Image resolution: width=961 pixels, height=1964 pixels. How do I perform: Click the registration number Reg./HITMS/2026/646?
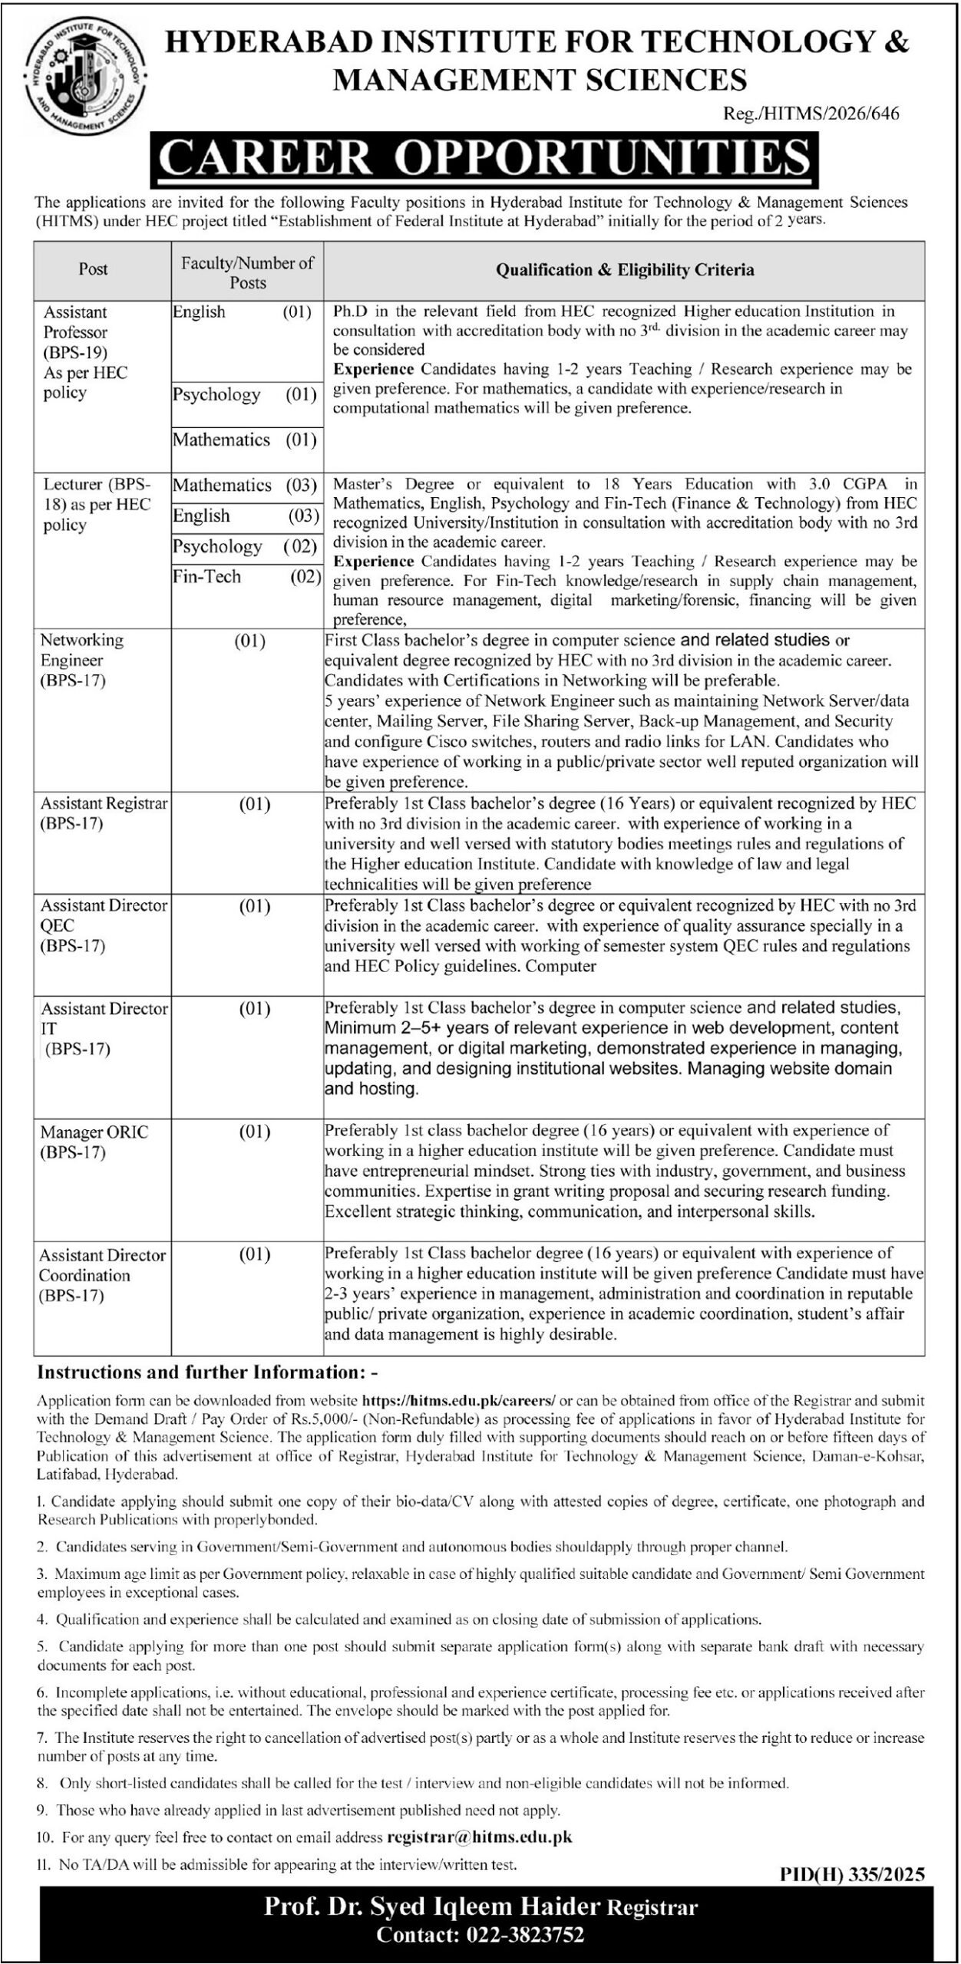coord(811,114)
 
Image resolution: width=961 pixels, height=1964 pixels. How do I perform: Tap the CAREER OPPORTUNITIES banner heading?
coord(484,160)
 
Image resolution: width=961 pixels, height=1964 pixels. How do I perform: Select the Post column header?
coord(93,270)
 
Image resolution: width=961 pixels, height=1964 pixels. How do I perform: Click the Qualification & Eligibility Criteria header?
coord(625,270)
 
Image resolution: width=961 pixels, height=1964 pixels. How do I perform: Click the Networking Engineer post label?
coord(81,660)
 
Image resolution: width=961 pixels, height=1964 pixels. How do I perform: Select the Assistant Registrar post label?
coord(103,813)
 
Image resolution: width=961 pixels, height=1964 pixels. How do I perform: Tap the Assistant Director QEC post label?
coord(103,925)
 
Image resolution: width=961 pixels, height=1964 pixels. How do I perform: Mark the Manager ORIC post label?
coord(94,1142)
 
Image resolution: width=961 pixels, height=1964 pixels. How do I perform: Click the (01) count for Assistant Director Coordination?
coord(255,1255)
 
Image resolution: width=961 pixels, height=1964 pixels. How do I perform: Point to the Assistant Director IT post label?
coord(103,1028)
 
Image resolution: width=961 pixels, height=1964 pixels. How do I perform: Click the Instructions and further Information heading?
coord(207,1372)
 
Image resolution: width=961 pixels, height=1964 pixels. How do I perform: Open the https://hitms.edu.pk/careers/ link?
coord(458,1400)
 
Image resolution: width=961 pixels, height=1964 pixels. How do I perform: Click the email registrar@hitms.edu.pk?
coord(480,1837)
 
